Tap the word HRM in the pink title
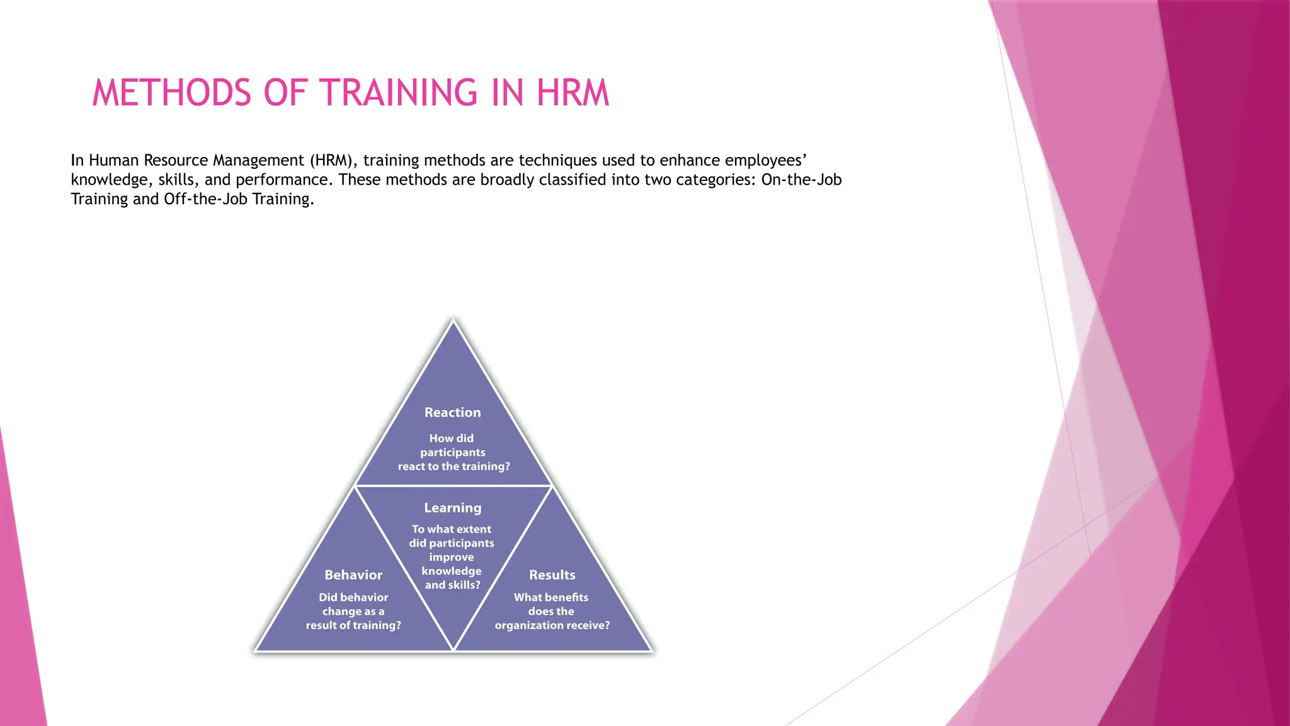pos(573,93)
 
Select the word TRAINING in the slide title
pos(400,93)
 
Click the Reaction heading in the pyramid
pos(452,413)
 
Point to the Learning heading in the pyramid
pos(452,508)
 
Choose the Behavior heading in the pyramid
pos(353,575)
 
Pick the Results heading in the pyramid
pos(552,575)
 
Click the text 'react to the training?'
pos(454,466)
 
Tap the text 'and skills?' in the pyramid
pos(452,585)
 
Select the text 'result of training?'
pos(353,625)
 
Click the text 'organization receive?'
pos(552,625)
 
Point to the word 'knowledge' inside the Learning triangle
pos(452,571)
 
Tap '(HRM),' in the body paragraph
pos(333,161)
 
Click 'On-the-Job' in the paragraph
pos(801,180)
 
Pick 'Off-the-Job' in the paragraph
pos(205,199)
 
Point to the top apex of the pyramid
pos(453,321)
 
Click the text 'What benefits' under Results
pos(551,597)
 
